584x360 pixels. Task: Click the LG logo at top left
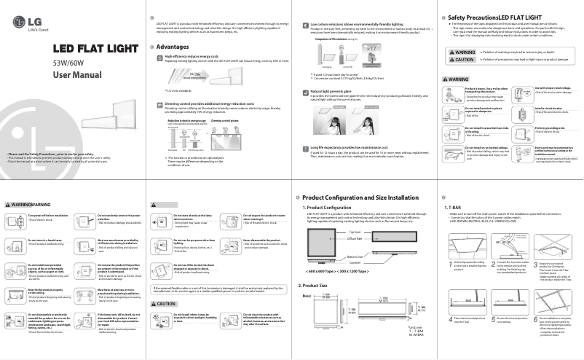(x=21, y=15)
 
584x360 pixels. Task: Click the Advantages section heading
(x=173, y=47)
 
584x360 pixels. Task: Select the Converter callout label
(x=355, y=262)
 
